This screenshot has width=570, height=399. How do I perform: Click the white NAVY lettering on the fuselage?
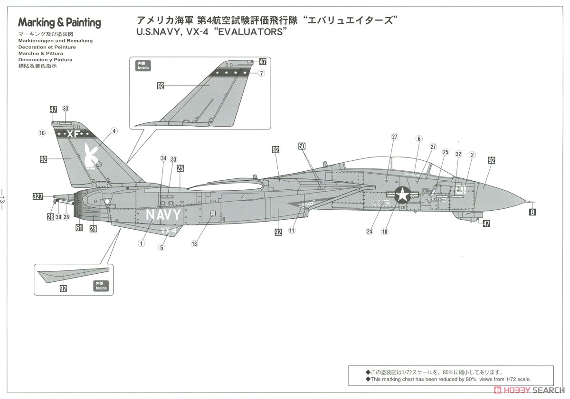163,215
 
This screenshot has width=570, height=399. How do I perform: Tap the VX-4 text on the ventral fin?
169,231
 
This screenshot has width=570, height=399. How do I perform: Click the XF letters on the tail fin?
73,134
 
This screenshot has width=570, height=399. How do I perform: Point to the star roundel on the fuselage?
403,195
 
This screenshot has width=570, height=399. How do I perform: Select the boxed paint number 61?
79,228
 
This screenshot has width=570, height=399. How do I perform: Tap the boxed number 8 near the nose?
532,212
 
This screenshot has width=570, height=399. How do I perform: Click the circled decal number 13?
194,243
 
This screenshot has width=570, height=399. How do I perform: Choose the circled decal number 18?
385,232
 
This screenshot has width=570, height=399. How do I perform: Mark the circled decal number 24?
370,232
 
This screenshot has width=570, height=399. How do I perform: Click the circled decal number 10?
42,133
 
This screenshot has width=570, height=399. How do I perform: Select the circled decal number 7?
262,73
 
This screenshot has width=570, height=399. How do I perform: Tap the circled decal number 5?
162,247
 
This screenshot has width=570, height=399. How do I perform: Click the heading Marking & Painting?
59,22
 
